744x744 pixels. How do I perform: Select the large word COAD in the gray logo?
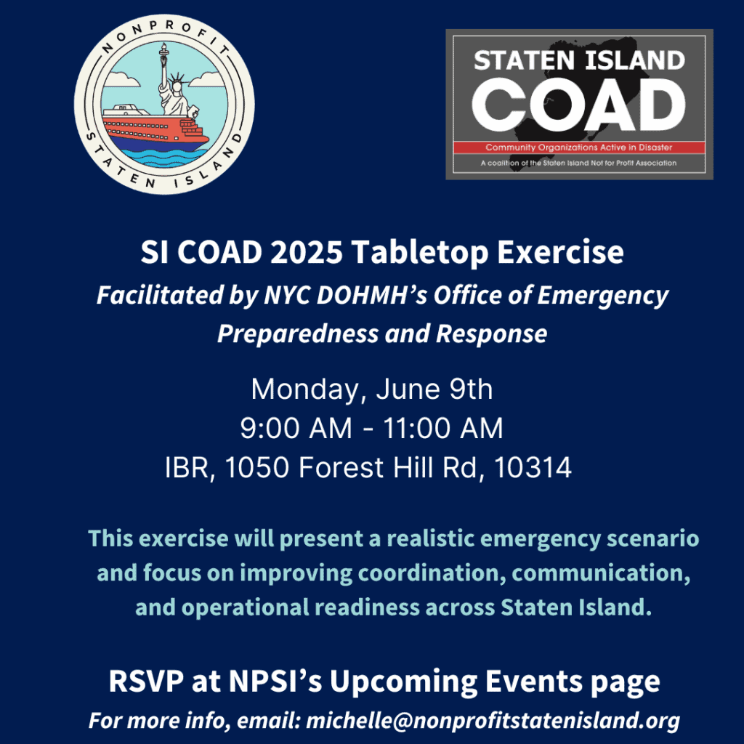pos(579,105)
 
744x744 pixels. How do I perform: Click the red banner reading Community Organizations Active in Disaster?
pos(579,147)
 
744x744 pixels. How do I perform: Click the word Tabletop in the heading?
pos(419,253)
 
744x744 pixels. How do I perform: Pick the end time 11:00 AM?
pos(442,429)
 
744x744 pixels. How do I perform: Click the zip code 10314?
pos(533,467)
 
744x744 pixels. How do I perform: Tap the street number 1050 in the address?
pos(256,467)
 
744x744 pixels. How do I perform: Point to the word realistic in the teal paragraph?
pos(431,538)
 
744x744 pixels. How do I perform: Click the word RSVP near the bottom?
pos(145,682)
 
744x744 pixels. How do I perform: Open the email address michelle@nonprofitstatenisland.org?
pos(493,720)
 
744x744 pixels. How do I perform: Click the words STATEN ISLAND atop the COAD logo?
pos(579,60)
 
